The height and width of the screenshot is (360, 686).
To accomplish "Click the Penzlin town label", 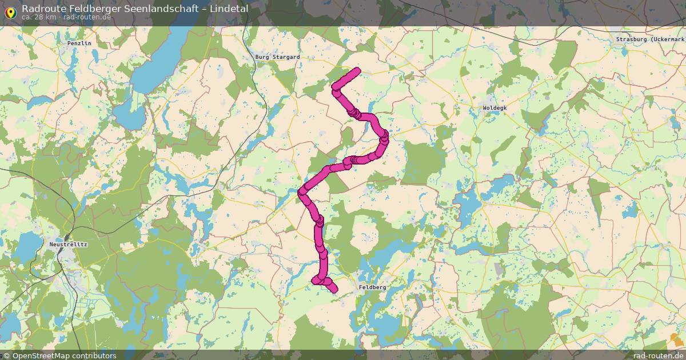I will coord(79,43).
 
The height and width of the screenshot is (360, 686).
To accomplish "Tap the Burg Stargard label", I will coord(277,57).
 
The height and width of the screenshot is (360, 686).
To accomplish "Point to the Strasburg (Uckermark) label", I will coord(650,39).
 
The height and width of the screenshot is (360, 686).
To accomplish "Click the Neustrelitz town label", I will coord(68,244).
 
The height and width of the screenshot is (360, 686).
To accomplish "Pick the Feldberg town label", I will coord(372,287).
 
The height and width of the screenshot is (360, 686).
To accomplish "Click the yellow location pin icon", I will coord(10,11).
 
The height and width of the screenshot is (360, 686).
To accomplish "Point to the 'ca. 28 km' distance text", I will coord(39,17).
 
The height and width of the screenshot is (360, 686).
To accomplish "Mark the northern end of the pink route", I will coord(358,70).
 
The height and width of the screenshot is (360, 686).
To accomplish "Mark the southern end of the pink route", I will coord(334,290).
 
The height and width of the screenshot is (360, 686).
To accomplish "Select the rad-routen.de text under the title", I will coord(87,17).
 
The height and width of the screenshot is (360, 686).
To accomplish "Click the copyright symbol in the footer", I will coord(6,355).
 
